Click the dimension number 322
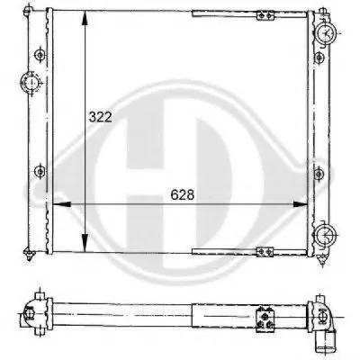pos(100,117)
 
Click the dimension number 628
pos(183,195)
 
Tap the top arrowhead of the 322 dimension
pos(85,19)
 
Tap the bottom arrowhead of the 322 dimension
pos(85,244)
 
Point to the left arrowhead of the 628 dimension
pos(61,204)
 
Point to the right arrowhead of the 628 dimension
pos(300,204)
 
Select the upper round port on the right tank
pos(326,32)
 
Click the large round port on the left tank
pos(31,83)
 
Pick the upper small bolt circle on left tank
pos(40,55)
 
